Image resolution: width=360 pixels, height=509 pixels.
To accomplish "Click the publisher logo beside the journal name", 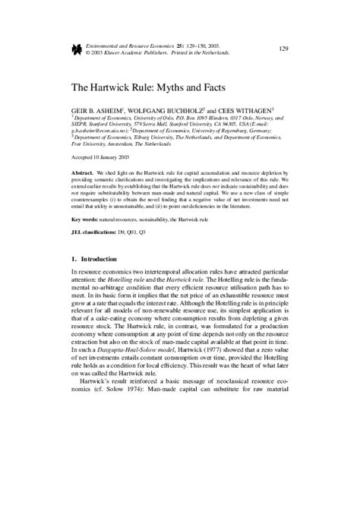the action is (76, 49).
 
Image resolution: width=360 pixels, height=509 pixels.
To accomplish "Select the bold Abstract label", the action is (84, 174).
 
